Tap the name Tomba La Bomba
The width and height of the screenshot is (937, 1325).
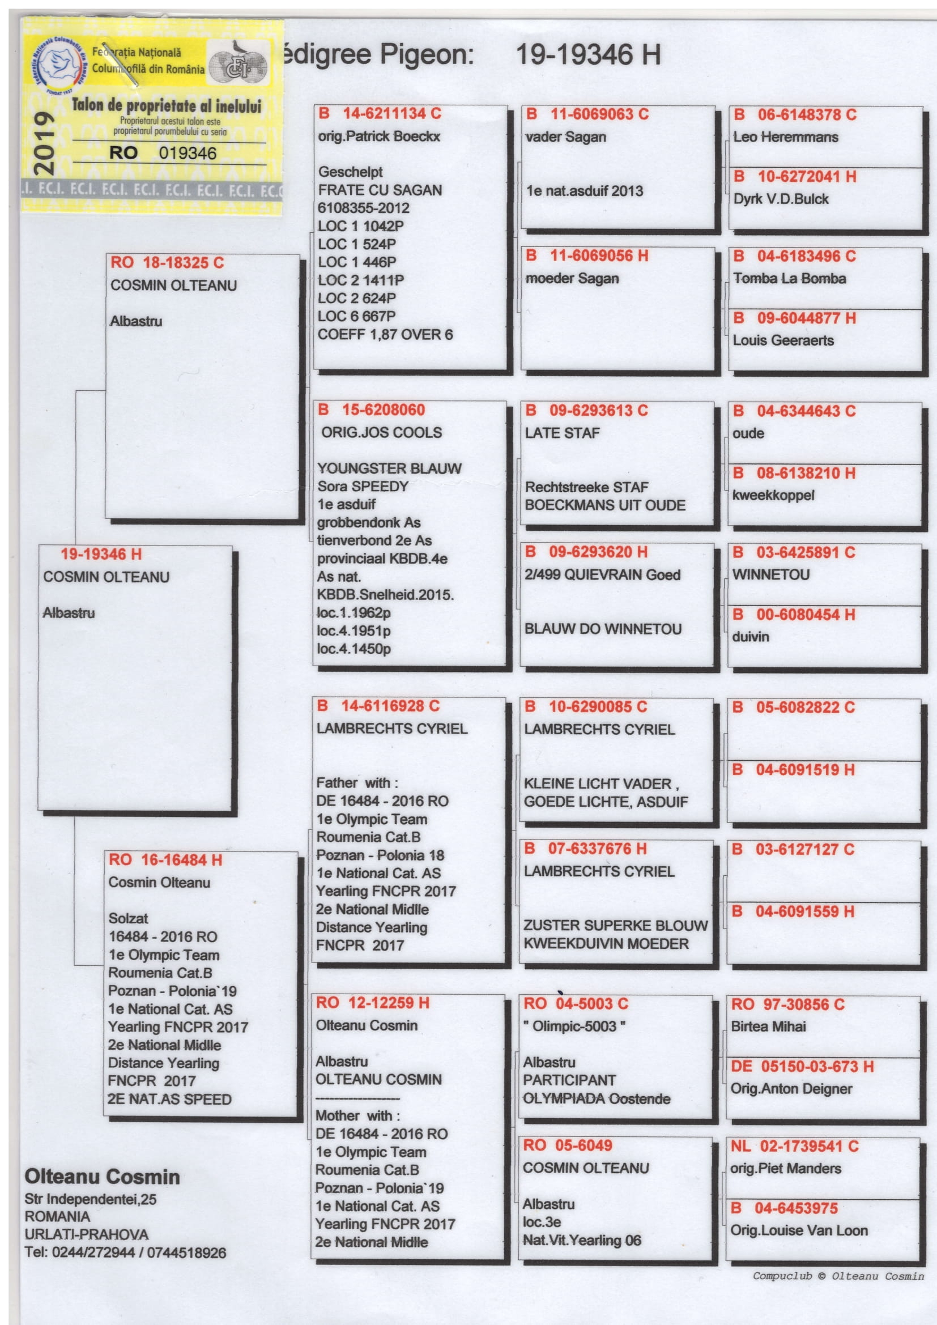click(789, 279)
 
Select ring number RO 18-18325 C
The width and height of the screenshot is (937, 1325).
click(167, 263)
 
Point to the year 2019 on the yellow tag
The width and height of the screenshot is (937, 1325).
click(44, 143)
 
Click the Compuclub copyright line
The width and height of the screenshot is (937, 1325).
click(838, 1276)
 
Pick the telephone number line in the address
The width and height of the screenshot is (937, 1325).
click(125, 1253)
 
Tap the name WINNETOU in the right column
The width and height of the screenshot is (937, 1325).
click(771, 575)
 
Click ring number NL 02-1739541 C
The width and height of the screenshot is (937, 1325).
click(794, 1146)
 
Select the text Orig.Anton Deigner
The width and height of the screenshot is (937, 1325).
click(791, 1089)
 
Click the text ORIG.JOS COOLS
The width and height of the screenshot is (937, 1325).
click(381, 432)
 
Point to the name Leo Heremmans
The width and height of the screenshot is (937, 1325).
click(785, 137)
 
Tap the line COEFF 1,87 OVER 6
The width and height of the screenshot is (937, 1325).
click(385, 335)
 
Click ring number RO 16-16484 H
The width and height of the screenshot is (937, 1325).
click(165, 860)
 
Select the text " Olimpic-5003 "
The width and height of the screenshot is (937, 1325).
click(574, 1026)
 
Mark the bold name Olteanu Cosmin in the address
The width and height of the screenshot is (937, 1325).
click(102, 1177)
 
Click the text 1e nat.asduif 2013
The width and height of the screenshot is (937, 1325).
click(584, 191)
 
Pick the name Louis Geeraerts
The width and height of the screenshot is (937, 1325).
click(783, 340)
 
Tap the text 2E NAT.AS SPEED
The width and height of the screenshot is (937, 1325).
click(169, 1100)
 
